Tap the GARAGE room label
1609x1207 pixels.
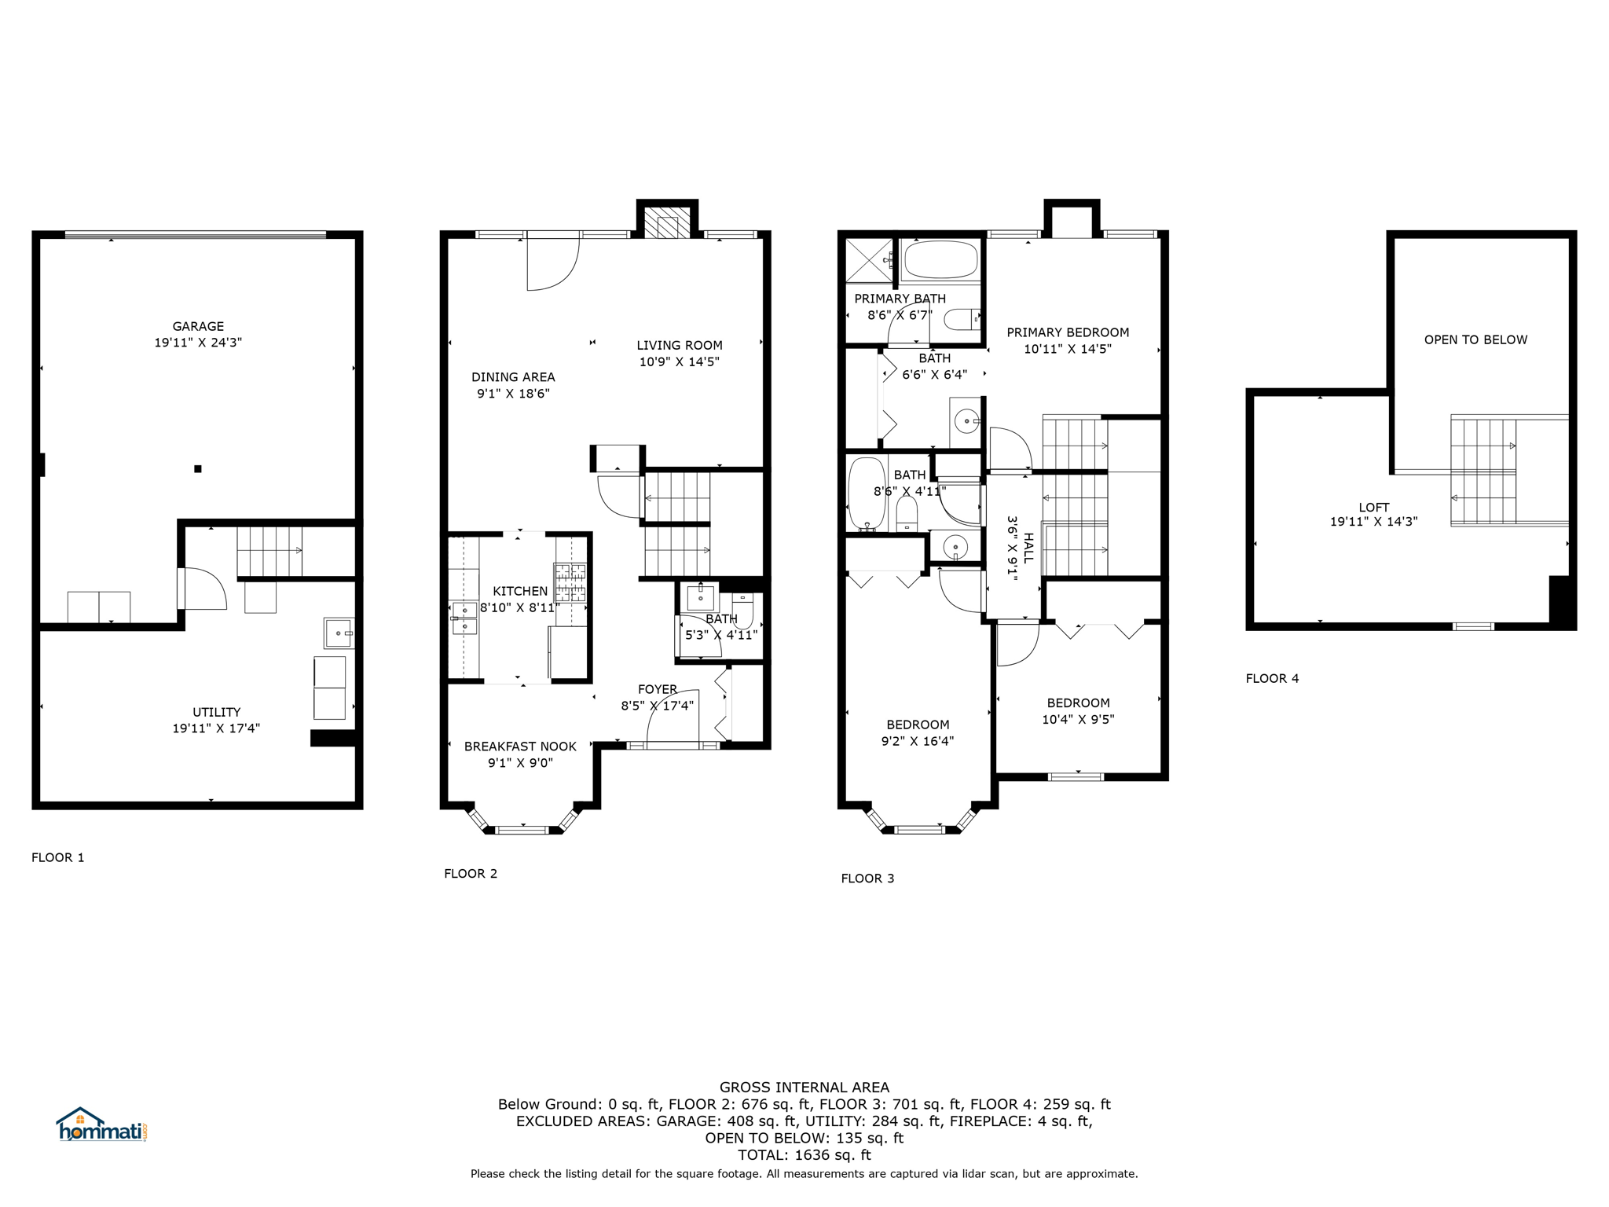[x=198, y=326]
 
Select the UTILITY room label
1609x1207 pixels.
[x=217, y=712]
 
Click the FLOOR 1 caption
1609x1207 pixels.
[x=58, y=857]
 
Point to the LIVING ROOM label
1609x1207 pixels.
[x=680, y=345]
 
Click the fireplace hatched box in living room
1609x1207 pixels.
[x=667, y=222]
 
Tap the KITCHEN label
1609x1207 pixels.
[x=520, y=591]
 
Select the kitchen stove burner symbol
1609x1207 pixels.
[x=570, y=582]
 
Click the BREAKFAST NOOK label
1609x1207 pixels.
[x=520, y=747]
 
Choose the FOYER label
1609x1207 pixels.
[x=658, y=689]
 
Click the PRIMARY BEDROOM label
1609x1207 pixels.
[x=1068, y=332]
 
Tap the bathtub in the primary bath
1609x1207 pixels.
[x=940, y=259]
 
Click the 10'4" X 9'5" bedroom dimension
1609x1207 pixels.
[x=1078, y=719]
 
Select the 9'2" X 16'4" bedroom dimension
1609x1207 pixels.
[x=918, y=741]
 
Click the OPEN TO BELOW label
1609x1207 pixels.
[x=1475, y=339]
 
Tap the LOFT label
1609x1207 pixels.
[x=1374, y=508]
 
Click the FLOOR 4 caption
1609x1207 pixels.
[x=1272, y=678]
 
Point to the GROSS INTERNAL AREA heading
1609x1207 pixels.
[x=804, y=1088]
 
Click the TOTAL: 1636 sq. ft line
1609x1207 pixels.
[x=804, y=1155]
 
